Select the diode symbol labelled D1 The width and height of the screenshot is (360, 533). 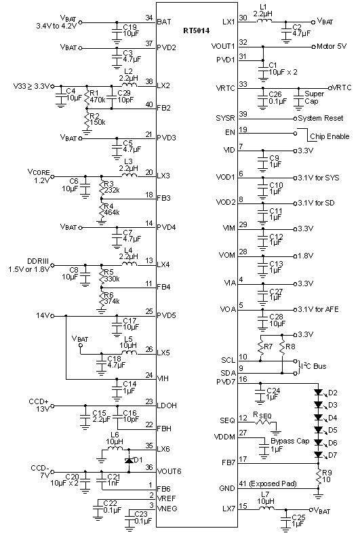pyautogui.click(x=128, y=460)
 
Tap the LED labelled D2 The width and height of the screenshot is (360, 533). pyautogui.click(x=318, y=392)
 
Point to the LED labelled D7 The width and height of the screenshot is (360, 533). pyautogui.click(x=318, y=454)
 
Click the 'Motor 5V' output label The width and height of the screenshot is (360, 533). pyautogui.click(x=332, y=47)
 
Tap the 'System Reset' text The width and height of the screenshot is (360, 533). pyautogui.click(x=327, y=117)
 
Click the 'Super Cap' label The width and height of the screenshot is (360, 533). pyautogui.click(x=314, y=96)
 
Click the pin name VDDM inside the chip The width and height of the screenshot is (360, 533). pyautogui.click(x=225, y=437)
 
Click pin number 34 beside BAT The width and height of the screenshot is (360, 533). pyautogui.click(x=148, y=17)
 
